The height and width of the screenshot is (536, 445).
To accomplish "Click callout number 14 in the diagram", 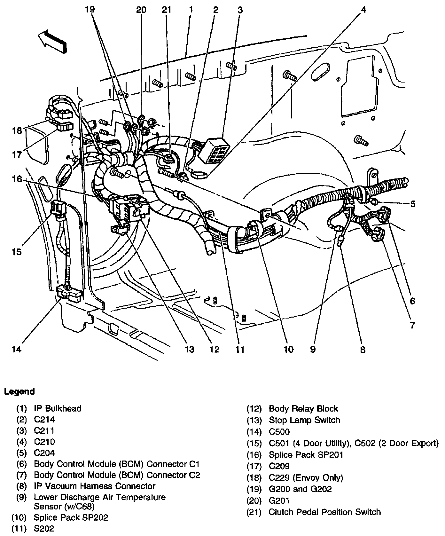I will click(16, 349).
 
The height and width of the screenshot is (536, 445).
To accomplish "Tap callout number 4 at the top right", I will click(363, 10).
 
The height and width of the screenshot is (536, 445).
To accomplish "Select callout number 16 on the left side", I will click(17, 179).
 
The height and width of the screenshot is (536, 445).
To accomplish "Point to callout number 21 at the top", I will click(167, 10).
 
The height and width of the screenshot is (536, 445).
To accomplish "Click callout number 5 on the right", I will click(413, 204).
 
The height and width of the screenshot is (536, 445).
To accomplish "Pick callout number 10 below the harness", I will click(288, 349).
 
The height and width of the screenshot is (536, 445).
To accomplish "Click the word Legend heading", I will click(19, 391).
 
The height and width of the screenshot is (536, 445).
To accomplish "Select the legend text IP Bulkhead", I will click(58, 408).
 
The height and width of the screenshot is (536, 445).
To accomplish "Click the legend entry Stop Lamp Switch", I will click(304, 420).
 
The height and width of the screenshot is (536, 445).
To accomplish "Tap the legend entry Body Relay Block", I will click(303, 408).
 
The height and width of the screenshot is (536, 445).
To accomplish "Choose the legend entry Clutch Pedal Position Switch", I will click(325, 512).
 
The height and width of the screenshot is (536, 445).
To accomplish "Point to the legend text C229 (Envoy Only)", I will click(306, 477).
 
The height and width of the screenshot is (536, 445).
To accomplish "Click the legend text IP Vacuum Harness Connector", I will click(95, 486).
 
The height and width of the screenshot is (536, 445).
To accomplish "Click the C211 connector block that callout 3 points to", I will click(212, 150).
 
